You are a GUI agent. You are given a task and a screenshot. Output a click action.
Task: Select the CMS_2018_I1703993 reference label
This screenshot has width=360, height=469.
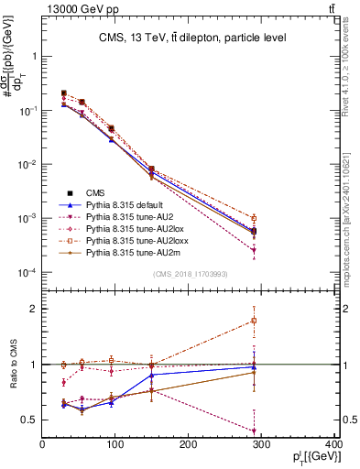190,273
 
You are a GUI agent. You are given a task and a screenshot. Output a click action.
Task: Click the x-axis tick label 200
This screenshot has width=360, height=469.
189,446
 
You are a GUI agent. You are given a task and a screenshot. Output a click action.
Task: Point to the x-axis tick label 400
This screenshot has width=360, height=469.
333,446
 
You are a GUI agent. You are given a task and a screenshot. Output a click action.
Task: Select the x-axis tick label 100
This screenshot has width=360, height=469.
115,446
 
